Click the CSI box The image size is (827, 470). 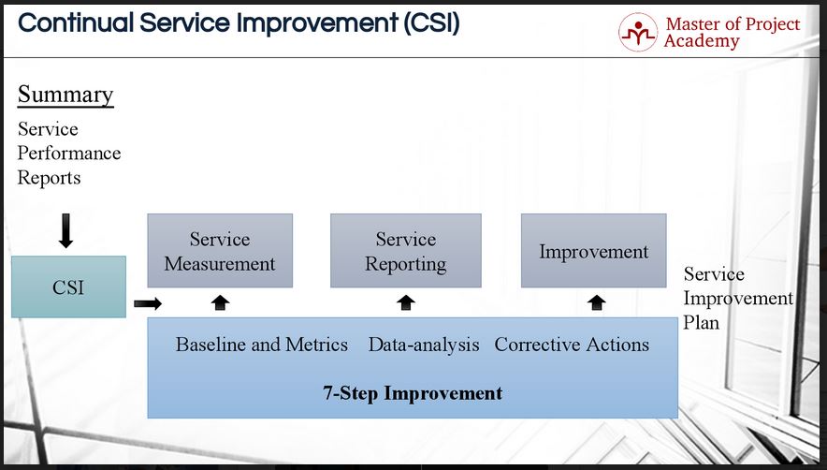(68, 286)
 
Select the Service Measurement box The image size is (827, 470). (220, 251)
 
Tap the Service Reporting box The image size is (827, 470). (406, 251)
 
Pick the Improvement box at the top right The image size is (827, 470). (594, 251)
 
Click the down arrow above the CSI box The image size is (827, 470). (65, 230)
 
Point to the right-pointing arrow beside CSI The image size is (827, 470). (148, 303)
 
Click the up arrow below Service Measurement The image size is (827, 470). (220, 302)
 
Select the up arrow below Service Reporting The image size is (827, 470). (406, 302)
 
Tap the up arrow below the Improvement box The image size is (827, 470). (597, 302)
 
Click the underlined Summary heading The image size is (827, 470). (65, 95)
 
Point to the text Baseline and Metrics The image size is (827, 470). (262, 345)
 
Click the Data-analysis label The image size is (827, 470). (424, 345)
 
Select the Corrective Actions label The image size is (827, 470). (572, 345)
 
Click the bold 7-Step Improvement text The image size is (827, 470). (413, 393)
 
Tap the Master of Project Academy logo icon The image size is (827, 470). (638, 32)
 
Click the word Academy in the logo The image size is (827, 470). (702, 40)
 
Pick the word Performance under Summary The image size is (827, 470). (69, 154)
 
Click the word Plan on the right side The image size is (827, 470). (701, 322)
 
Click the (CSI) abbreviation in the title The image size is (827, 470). (432, 23)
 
